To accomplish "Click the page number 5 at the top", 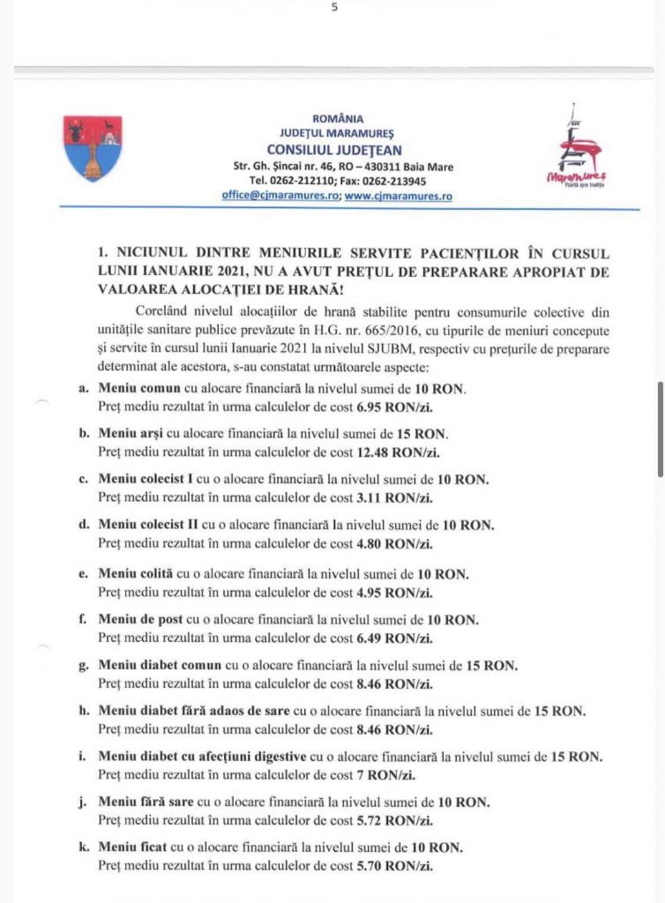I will [334, 8].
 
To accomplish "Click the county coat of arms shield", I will [94, 148].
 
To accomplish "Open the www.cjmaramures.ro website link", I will [398, 197].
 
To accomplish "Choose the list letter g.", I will [82, 666].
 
